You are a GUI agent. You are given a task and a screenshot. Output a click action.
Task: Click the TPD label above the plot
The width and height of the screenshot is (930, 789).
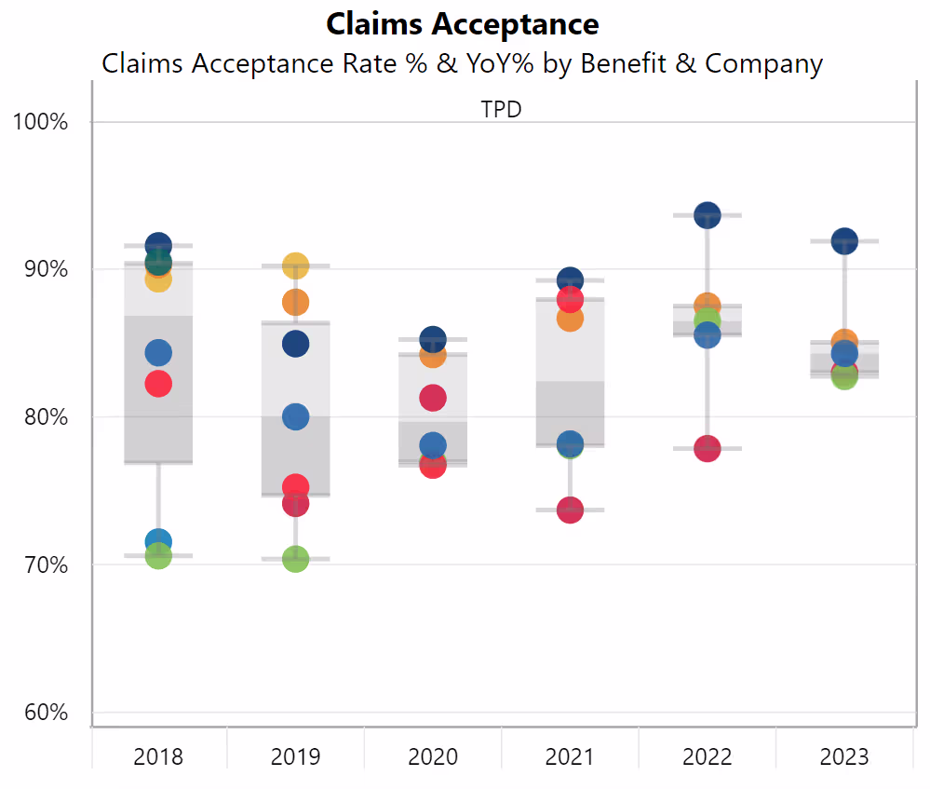pyautogui.click(x=501, y=109)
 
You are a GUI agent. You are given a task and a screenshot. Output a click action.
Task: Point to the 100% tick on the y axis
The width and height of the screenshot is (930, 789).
pyautogui.click(x=41, y=122)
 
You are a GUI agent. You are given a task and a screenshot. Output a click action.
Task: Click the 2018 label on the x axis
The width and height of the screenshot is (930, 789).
pyautogui.click(x=158, y=755)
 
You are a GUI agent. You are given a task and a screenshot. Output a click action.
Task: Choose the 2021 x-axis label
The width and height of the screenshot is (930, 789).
pyautogui.click(x=570, y=755)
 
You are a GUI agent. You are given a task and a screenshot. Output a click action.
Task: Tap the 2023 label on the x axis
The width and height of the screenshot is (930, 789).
pyautogui.click(x=844, y=755)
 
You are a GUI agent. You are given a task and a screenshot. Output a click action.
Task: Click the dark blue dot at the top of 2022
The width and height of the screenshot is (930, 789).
pyautogui.click(x=708, y=215)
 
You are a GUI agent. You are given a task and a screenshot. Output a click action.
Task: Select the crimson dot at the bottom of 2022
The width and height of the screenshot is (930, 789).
pyautogui.click(x=708, y=448)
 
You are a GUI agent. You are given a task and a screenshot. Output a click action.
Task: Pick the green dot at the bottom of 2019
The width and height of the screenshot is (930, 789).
pyautogui.click(x=295, y=559)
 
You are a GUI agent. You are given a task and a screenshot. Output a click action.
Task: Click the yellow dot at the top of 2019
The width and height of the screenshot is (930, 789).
pyautogui.click(x=295, y=265)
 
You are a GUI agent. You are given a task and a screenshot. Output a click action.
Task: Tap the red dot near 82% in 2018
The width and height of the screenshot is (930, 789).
pyautogui.click(x=158, y=384)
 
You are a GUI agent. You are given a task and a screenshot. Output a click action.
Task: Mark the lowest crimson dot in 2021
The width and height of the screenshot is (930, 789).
pyautogui.click(x=570, y=510)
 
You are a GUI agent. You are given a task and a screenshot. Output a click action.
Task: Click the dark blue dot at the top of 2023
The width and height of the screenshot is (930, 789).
pyautogui.click(x=844, y=240)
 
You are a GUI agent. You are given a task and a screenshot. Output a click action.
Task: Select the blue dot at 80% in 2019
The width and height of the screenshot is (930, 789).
pyautogui.click(x=295, y=416)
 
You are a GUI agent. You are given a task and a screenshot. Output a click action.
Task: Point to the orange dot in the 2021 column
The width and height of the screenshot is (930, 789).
pyautogui.click(x=570, y=319)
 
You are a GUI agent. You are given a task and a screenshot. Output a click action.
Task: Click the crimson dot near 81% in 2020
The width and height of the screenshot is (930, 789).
pyautogui.click(x=432, y=398)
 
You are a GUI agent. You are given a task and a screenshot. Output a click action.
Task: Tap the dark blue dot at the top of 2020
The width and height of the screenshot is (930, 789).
pyautogui.click(x=432, y=339)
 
